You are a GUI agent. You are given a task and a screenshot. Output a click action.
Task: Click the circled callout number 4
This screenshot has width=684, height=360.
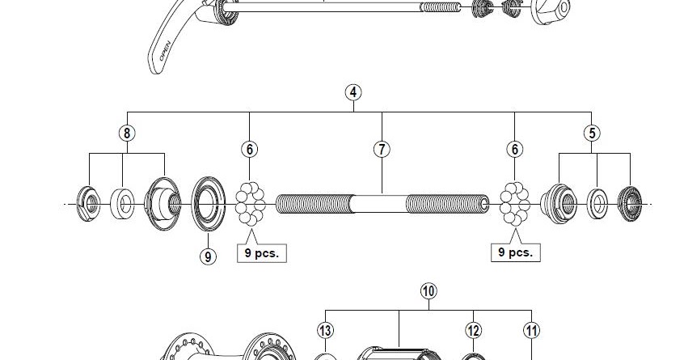pos(353,91)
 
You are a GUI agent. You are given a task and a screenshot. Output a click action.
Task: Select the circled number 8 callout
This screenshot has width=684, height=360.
pos(126,133)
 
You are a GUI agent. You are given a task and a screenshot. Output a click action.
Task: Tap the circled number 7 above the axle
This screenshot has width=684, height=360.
pos(382,149)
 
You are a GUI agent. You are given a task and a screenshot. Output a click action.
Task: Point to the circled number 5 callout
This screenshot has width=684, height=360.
pos(593,133)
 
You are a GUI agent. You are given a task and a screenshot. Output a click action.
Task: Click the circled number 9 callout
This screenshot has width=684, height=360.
pos(208,256)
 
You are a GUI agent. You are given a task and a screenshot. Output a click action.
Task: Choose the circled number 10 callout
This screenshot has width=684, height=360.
pos(429,290)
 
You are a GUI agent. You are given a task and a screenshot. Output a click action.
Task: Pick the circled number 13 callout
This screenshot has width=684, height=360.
pos(325,330)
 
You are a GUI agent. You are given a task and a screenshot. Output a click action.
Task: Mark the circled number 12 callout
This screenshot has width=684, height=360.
pos(474,330)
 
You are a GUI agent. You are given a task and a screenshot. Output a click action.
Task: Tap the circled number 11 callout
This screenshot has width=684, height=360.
pos(531,330)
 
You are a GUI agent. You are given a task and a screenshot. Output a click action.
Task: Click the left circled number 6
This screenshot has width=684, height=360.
pos(250,149)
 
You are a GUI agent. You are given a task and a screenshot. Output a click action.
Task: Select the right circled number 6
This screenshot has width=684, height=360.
pos(515,149)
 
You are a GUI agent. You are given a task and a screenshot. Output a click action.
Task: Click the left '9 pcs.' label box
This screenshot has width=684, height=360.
pos(262,252)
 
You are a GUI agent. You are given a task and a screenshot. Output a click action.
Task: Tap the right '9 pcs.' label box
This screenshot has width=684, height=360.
pos(516,252)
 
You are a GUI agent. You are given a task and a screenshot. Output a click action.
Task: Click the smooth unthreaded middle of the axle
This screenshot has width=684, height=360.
pos(380,204)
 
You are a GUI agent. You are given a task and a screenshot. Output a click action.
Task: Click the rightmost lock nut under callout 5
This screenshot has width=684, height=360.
pos(629,202)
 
